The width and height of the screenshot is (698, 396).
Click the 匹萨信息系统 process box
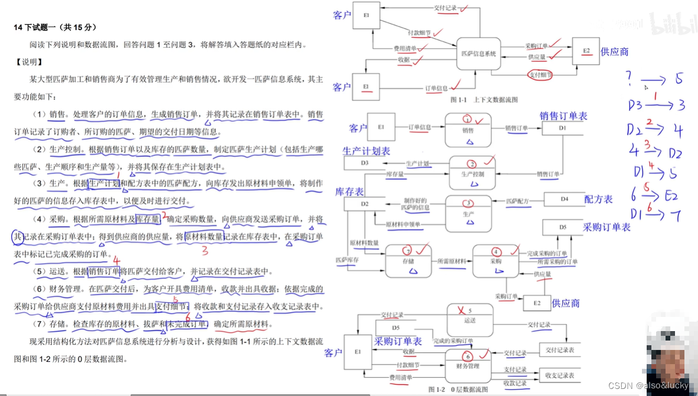point(479,54)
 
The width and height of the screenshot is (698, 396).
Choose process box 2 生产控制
point(471,169)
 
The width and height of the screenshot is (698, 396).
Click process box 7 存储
point(408,260)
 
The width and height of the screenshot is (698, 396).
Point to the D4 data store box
point(564,199)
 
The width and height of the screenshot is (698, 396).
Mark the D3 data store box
point(365,163)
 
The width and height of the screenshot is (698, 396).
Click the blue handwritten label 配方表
point(598,199)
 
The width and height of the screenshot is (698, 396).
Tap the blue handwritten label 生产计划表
point(366,151)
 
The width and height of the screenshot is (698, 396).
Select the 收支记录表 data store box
point(559,375)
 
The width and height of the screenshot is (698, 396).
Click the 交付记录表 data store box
point(559,350)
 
